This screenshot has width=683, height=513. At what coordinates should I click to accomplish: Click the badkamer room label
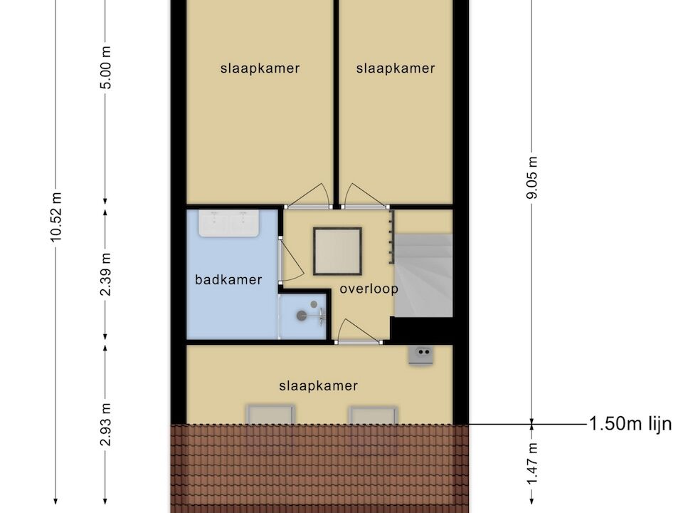228,279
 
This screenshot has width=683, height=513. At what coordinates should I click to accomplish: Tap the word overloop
369,289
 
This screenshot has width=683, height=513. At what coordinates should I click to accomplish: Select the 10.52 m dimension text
56,217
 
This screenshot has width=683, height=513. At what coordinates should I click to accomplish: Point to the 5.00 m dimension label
106,68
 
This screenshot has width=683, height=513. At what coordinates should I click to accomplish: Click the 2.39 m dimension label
106,274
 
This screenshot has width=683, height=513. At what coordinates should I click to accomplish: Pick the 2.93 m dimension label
106,425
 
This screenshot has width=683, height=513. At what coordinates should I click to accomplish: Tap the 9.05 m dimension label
532,177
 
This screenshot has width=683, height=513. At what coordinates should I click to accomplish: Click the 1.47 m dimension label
532,463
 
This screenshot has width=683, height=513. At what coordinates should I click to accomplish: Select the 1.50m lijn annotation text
630,423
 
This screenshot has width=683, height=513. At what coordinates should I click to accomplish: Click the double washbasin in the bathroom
229,223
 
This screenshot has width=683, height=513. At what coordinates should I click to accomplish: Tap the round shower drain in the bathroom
302,316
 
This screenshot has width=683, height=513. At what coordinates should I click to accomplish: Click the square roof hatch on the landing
337,252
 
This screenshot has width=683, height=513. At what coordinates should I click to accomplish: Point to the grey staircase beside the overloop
423,275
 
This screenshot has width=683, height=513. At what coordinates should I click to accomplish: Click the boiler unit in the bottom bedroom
420,354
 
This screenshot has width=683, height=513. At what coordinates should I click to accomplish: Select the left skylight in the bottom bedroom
270,415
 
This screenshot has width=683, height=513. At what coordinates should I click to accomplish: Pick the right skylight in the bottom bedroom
374,415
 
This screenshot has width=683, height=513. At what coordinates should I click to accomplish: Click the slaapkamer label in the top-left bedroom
260,68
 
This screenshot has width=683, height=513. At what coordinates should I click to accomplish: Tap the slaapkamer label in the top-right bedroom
396,68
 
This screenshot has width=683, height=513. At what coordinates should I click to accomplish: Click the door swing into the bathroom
291,259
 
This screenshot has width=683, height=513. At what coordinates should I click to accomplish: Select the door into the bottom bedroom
359,331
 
